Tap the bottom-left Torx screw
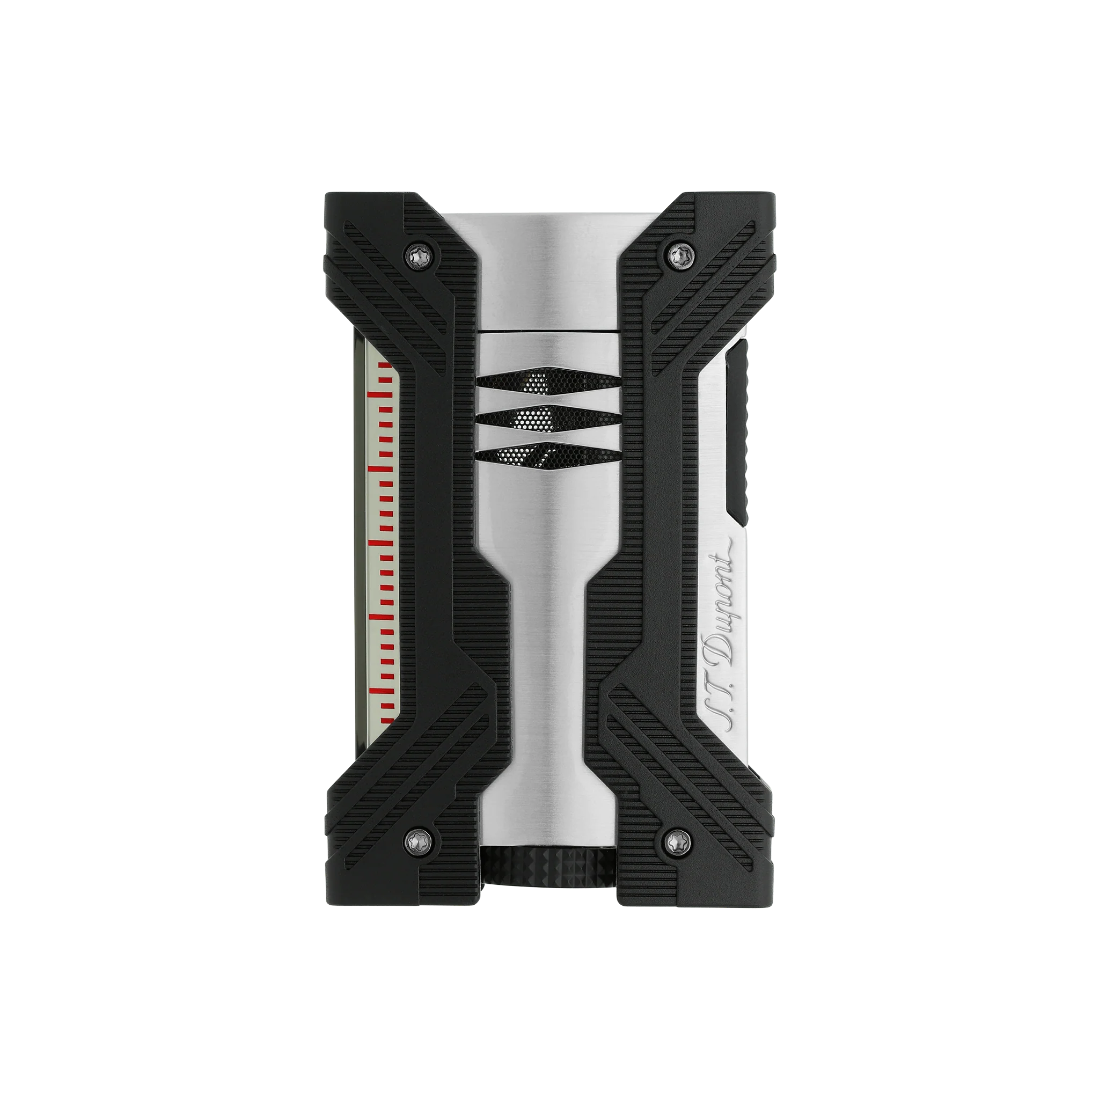pyautogui.click(x=420, y=840)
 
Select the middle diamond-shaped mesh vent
pyautogui.click(x=547, y=419)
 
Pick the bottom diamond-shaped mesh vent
pyautogui.click(x=547, y=456)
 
